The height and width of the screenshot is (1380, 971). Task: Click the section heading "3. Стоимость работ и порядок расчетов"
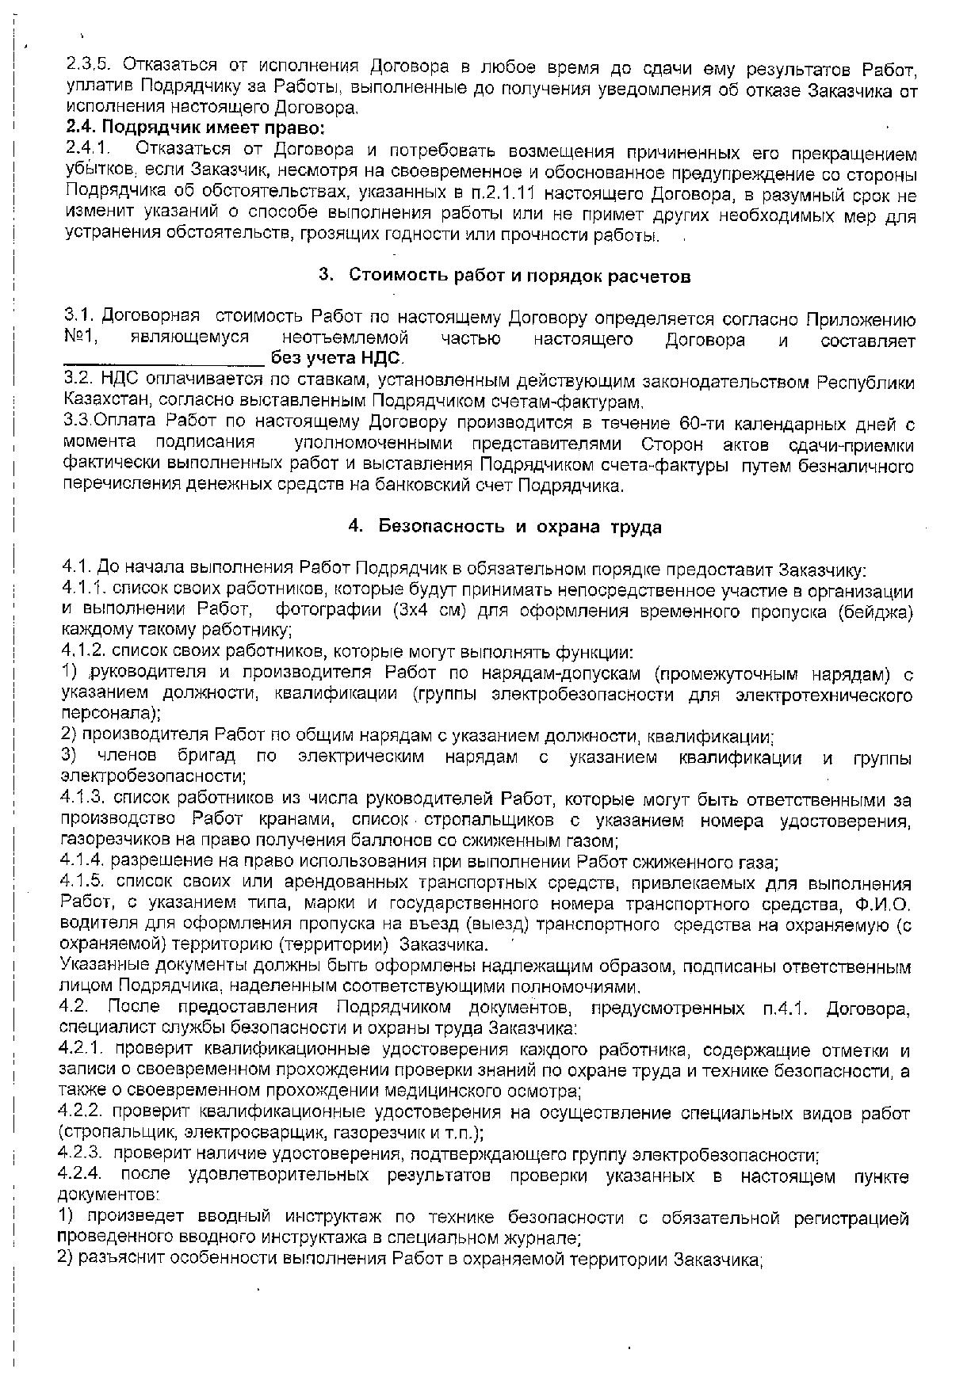[x=504, y=276]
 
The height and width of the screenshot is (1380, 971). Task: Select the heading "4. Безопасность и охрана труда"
[x=504, y=526]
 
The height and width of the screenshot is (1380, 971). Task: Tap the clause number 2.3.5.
[x=90, y=65]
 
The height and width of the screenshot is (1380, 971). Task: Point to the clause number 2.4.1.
[x=87, y=148]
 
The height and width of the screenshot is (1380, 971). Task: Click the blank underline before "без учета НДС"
[x=163, y=360]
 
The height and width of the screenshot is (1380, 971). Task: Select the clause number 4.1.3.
[x=84, y=799]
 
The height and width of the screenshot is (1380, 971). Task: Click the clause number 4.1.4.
[x=82, y=861]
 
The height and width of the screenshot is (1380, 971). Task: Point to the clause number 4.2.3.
[x=82, y=1155]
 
